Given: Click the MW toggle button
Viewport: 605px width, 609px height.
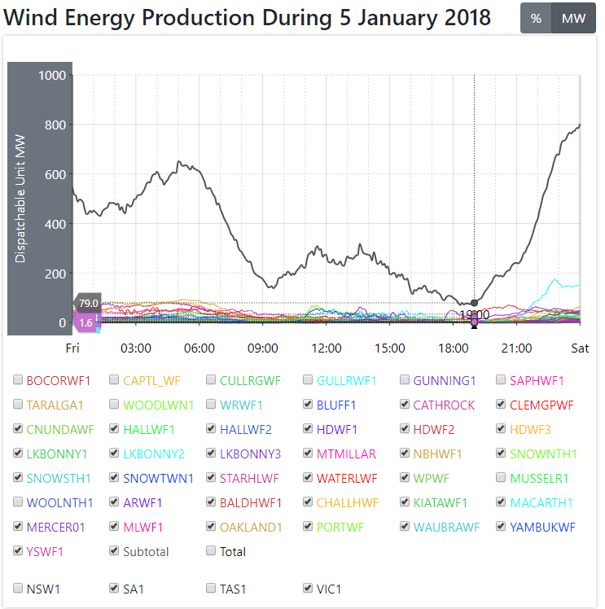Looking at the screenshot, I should [x=573, y=18].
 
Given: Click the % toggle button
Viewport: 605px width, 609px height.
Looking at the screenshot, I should [x=536, y=18].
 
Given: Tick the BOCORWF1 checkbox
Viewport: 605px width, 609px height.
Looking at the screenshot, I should [x=18, y=380].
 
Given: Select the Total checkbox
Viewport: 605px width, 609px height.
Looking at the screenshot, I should [x=211, y=551].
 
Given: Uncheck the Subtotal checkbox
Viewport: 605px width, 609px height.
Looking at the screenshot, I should [x=114, y=551].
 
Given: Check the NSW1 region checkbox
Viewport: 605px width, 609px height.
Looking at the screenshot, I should [x=18, y=587].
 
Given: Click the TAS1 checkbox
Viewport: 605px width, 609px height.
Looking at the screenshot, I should [x=211, y=587].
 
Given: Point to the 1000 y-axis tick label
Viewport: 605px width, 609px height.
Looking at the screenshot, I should [x=51, y=76].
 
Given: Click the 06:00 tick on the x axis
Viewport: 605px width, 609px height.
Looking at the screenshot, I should [x=199, y=348].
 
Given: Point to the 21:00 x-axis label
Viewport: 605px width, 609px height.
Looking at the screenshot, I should [x=516, y=348].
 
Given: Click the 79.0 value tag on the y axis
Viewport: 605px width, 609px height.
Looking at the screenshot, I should [x=88, y=304].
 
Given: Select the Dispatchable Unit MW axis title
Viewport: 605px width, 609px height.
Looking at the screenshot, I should [x=21, y=199].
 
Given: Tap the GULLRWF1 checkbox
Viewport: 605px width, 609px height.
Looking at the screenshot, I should [x=308, y=380].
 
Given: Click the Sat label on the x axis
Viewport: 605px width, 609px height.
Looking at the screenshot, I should [x=580, y=348].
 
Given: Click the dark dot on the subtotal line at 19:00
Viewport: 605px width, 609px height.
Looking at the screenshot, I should [x=475, y=303].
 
